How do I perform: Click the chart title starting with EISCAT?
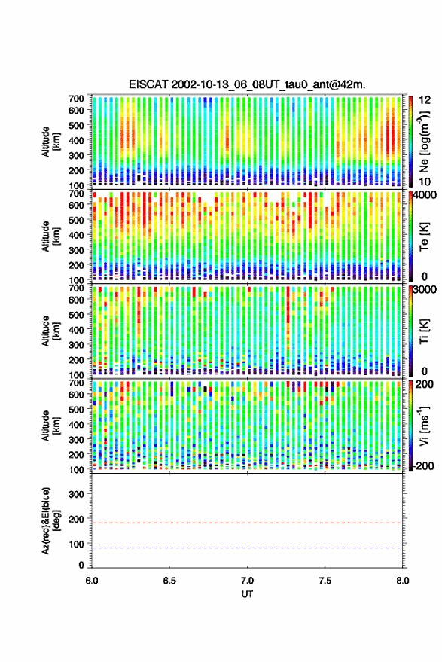(247, 84)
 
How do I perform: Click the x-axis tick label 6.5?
(169, 581)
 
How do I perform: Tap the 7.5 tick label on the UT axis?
(325, 581)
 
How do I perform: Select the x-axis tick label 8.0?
(402, 581)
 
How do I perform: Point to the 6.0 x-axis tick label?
(92, 581)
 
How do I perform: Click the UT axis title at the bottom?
(247, 594)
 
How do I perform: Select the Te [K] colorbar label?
(424, 236)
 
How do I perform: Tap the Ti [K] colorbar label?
(424, 331)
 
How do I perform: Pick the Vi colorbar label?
(424, 426)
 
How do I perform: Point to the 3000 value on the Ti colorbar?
(422, 290)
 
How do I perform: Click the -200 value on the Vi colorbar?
(422, 465)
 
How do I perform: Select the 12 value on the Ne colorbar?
(425, 99)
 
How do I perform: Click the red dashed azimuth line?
(247, 523)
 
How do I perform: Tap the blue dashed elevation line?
(247, 548)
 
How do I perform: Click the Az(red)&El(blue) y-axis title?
(50, 520)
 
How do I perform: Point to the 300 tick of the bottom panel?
(76, 494)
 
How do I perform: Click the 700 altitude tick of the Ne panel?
(76, 99)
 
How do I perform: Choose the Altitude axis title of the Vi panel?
(50, 426)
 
